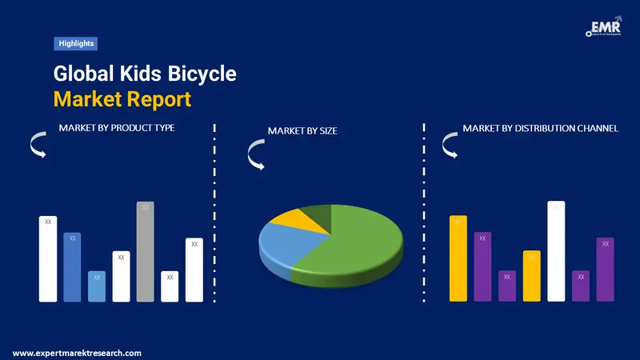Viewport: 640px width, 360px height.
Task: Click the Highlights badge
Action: click(76, 43)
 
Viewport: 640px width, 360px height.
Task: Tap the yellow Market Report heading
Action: click(122, 100)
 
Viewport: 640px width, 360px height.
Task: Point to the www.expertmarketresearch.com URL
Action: click(77, 353)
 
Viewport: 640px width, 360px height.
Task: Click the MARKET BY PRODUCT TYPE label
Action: click(117, 128)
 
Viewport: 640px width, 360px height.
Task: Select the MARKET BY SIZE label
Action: click(302, 130)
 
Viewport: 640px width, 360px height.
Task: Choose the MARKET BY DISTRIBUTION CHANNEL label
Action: click(540, 128)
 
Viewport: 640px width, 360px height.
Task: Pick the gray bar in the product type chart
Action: click(145, 251)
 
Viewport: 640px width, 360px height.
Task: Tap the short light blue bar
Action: click(96, 286)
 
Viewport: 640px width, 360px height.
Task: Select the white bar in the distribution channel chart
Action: click(556, 251)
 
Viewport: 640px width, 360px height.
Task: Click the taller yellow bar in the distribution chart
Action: click(458, 258)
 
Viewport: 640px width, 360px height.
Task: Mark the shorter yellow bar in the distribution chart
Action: click(532, 276)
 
